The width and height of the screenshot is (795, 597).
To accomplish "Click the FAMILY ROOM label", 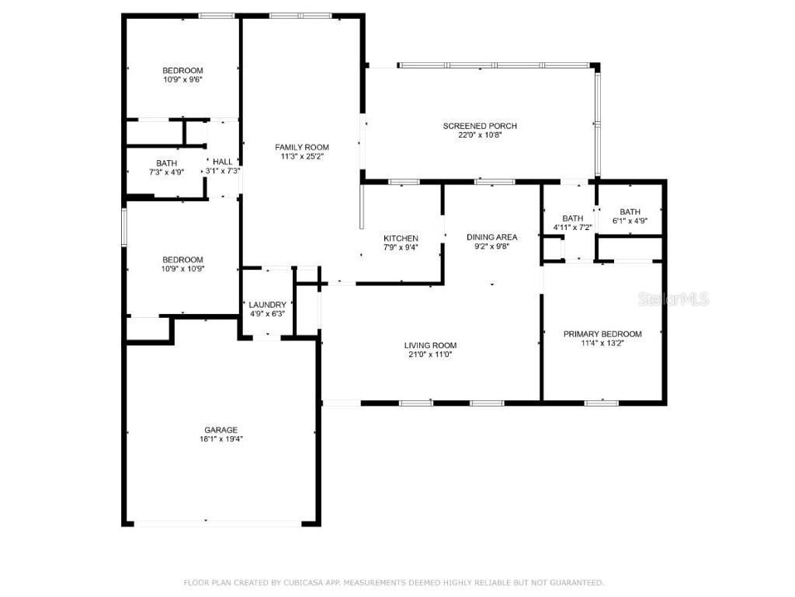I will coord(302,147).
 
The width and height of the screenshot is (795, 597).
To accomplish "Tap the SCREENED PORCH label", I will coord(480,126).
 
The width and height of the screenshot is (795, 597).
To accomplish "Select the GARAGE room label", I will coord(220,430).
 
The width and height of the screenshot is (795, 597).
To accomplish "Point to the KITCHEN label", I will coord(401,239).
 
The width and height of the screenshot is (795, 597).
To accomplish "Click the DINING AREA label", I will coord(491,237).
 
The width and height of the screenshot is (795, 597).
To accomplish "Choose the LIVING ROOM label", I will coord(430,345).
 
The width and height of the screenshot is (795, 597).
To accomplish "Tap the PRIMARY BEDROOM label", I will coord(602,333).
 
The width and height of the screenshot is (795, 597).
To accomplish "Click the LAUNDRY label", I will coord(267,305).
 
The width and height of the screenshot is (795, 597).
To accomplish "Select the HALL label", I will coord(222,162).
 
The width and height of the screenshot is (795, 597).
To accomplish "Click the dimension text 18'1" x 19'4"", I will coord(220,439).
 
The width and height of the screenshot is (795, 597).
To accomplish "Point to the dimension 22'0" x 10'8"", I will coord(480,135).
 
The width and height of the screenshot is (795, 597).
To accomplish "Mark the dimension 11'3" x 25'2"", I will coord(302,156).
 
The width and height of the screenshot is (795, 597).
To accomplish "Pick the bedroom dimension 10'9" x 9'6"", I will coord(182,79).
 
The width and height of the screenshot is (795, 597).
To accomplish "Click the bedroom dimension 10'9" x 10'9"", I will coord(182,269).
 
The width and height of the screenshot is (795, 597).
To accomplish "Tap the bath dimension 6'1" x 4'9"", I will coord(630,221).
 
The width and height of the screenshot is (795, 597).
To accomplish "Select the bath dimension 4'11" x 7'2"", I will coord(573,228).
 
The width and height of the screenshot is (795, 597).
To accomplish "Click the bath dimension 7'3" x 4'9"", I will coord(166,172).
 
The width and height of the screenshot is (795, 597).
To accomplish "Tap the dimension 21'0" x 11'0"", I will coord(430,354).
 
